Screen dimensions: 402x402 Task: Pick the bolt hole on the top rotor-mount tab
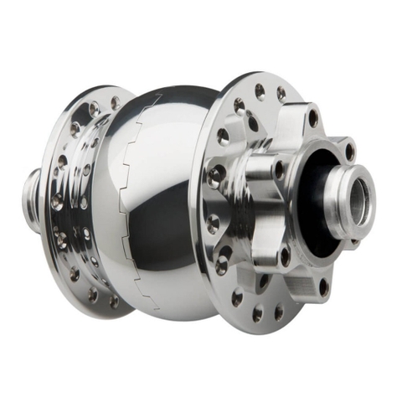(312, 116)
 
